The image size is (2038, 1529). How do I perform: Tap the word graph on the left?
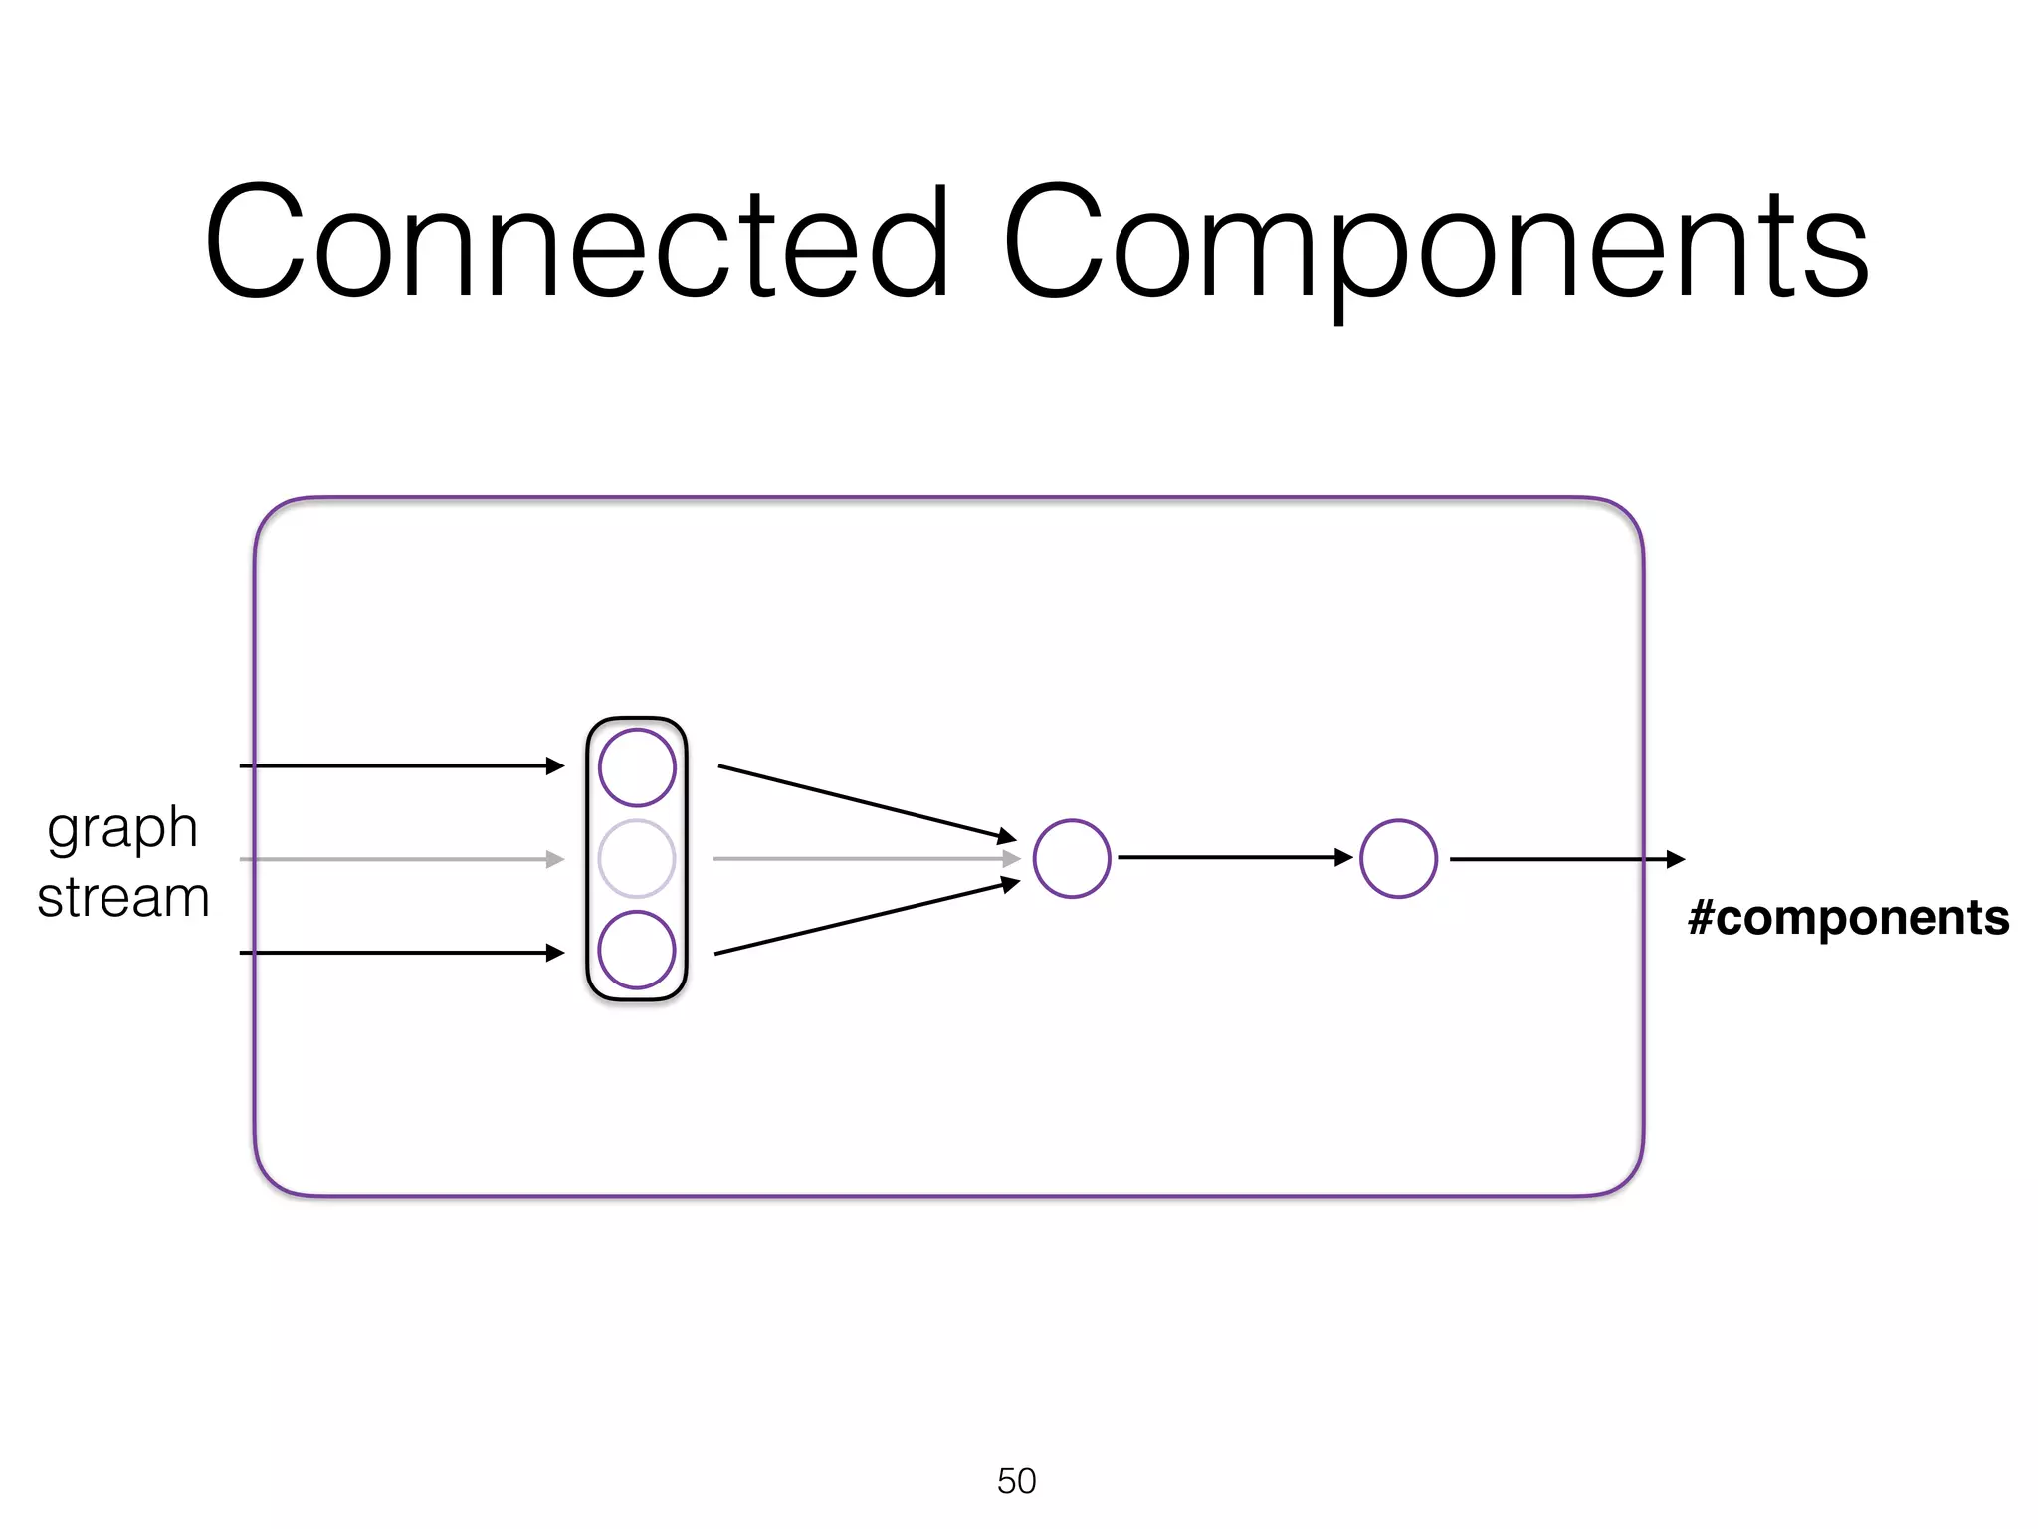click(122, 828)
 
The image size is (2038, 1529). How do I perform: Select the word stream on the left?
click(123, 897)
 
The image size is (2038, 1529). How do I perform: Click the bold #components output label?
click(1848, 917)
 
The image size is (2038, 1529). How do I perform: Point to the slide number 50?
click(1016, 1481)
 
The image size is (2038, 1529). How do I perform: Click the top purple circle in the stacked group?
click(637, 767)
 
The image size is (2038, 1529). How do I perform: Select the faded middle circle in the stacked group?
click(637, 858)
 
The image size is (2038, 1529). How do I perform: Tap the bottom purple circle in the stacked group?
click(637, 950)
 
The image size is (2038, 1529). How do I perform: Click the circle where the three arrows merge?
click(1072, 858)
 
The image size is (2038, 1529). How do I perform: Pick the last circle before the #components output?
click(1398, 858)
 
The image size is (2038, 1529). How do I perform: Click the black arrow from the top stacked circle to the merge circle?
click(866, 802)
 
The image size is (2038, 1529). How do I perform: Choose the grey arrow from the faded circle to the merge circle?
click(866, 858)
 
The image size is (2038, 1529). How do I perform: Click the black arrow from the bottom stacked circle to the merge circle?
click(866, 918)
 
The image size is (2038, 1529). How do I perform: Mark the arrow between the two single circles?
click(1234, 857)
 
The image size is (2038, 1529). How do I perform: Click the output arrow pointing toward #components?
click(1566, 859)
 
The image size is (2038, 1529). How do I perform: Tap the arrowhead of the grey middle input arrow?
click(555, 858)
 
